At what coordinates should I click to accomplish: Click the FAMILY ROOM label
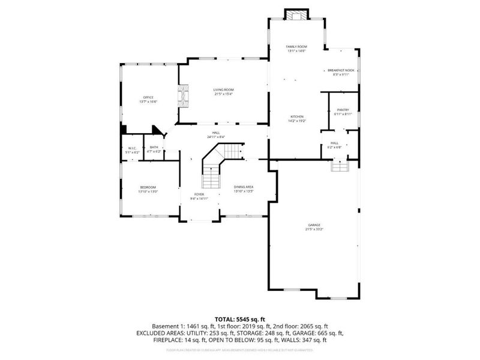tap(296, 46)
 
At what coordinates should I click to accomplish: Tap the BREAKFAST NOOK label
tap(341, 70)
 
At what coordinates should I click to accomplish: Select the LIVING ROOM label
tap(223, 89)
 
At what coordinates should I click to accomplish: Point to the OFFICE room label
tap(148, 98)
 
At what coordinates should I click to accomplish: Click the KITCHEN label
tap(298, 116)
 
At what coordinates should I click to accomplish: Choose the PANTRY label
tap(343, 110)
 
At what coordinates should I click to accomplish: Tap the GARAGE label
tap(314, 225)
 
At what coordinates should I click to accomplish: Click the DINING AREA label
tap(244, 187)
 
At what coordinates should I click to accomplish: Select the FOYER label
tap(198, 194)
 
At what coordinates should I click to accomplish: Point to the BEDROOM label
tap(149, 187)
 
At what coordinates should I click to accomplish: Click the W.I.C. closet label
tap(131, 148)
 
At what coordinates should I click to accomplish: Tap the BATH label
tap(154, 148)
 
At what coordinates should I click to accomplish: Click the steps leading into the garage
tap(340, 165)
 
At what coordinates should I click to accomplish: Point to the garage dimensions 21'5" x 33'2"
tap(314, 229)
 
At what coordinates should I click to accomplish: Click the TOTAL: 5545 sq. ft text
tap(240, 319)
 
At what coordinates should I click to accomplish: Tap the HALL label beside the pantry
tap(334, 143)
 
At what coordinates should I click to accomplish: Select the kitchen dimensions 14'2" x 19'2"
tap(298, 121)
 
